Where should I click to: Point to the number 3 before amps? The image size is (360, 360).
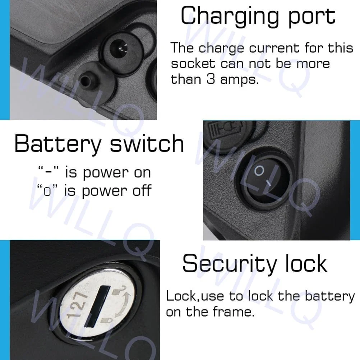211,79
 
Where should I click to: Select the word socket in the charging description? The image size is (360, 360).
193,64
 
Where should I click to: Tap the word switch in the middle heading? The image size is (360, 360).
147,143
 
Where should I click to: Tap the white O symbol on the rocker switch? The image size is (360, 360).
259,171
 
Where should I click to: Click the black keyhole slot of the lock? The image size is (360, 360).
97,306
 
